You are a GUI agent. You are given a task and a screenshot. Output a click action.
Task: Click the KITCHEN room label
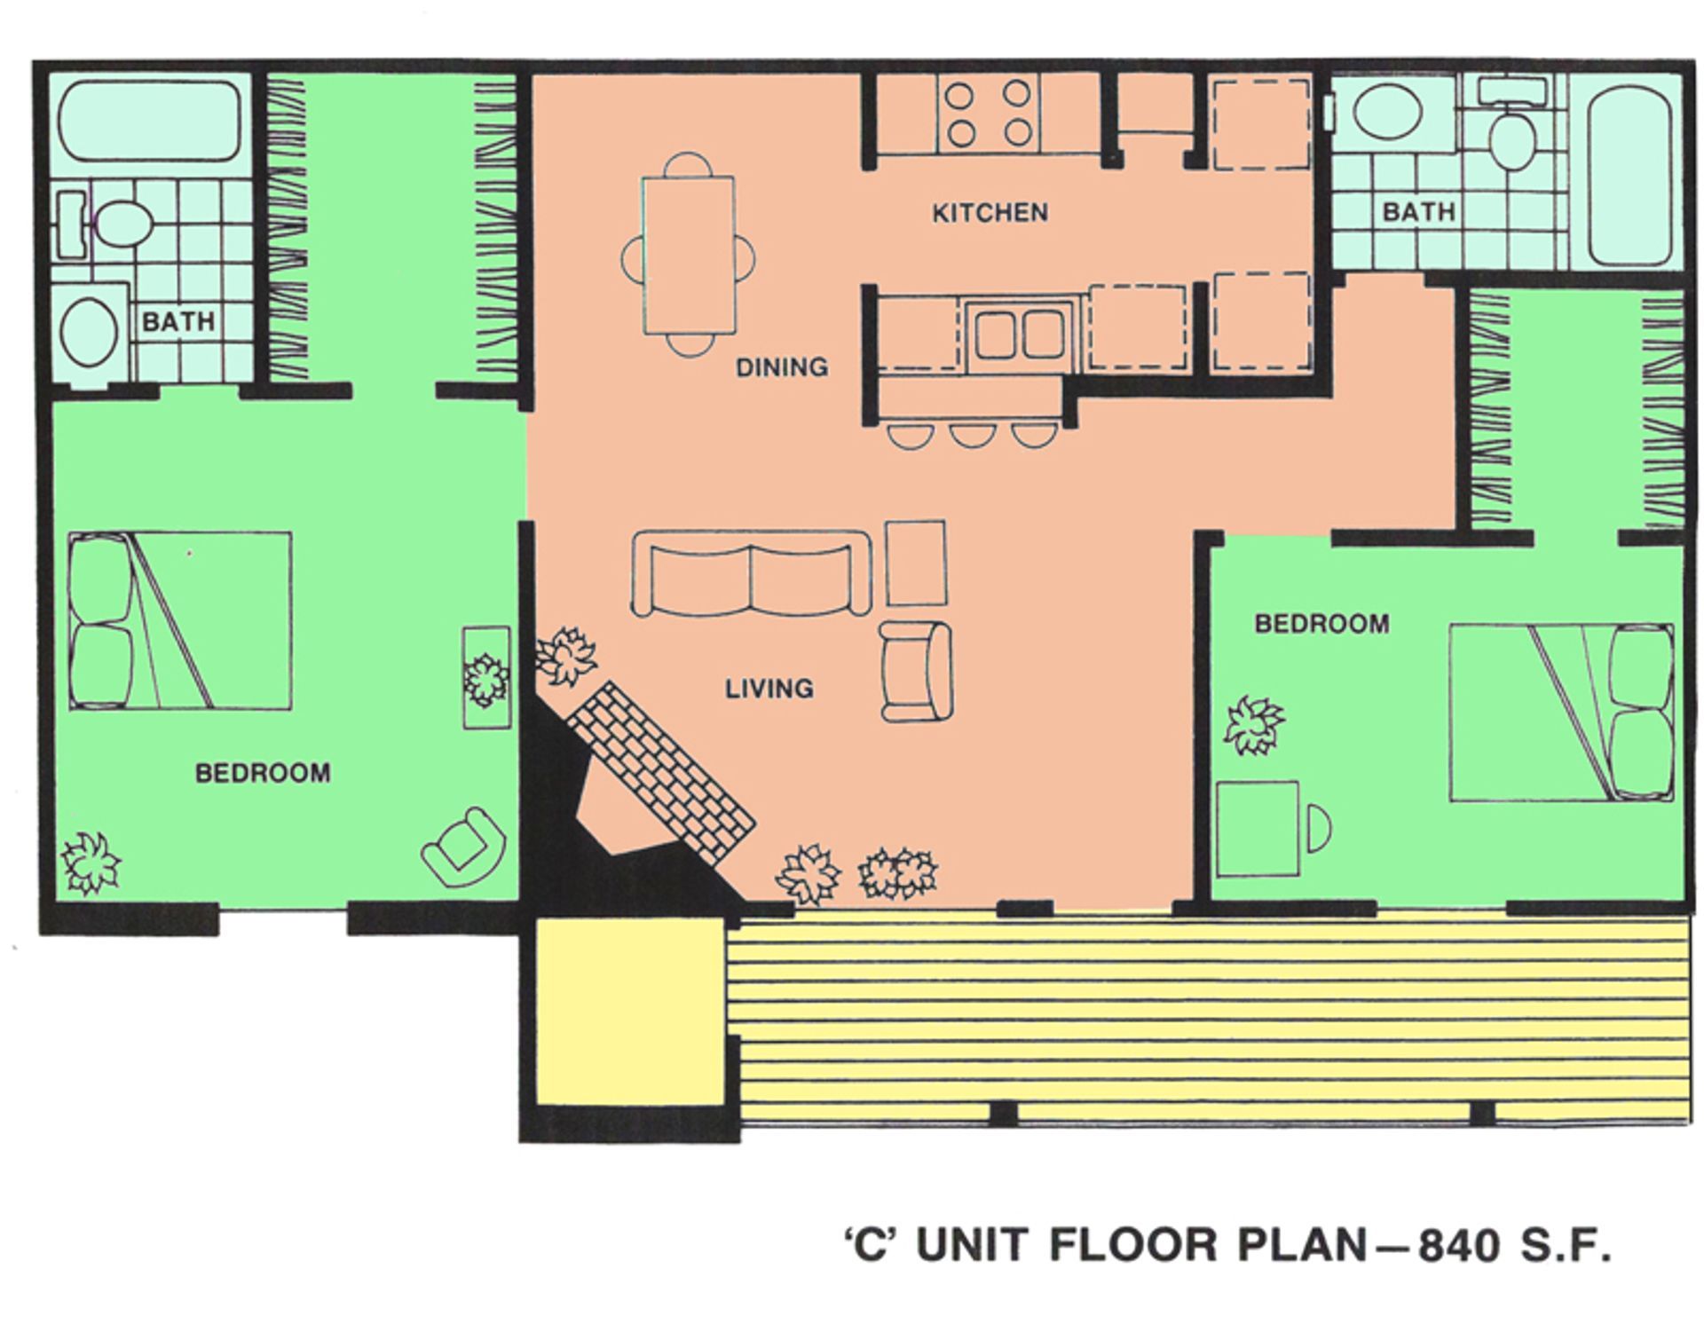pyautogui.click(x=990, y=213)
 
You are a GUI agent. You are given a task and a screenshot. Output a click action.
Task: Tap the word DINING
pyautogui.click(x=781, y=366)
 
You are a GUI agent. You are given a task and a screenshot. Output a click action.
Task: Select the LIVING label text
pyautogui.click(x=769, y=689)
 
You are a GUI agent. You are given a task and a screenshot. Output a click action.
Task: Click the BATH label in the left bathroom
pyautogui.click(x=178, y=321)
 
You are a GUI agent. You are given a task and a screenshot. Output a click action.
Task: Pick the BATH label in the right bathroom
pyautogui.click(x=1418, y=212)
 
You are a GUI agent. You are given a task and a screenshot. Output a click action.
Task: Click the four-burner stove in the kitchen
pyautogui.click(x=988, y=114)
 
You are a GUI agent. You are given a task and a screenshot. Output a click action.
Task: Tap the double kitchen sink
pyautogui.click(x=1019, y=335)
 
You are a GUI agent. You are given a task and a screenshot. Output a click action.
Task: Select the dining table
pyautogui.click(x=690, y=255)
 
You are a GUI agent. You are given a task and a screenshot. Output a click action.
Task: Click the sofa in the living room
pyautogui.click(x=751, y=574)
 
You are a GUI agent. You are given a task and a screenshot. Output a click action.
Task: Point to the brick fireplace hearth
pyautogui.click(x=661, y=770)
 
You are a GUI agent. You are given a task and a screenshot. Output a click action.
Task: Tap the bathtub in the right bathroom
pyautogui.click(x=1629, y=176)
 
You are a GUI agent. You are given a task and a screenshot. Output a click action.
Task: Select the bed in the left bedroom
pyautogui.click(x=180, y=620)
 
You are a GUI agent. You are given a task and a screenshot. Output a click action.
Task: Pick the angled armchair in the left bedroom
pyautogui.click(x=463, y=846)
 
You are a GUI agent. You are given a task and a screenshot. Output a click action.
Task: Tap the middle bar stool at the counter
pyautogui.click(x=970, y=434)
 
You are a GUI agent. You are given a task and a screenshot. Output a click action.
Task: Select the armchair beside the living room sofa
pyautogui.click(x=916, y=671)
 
